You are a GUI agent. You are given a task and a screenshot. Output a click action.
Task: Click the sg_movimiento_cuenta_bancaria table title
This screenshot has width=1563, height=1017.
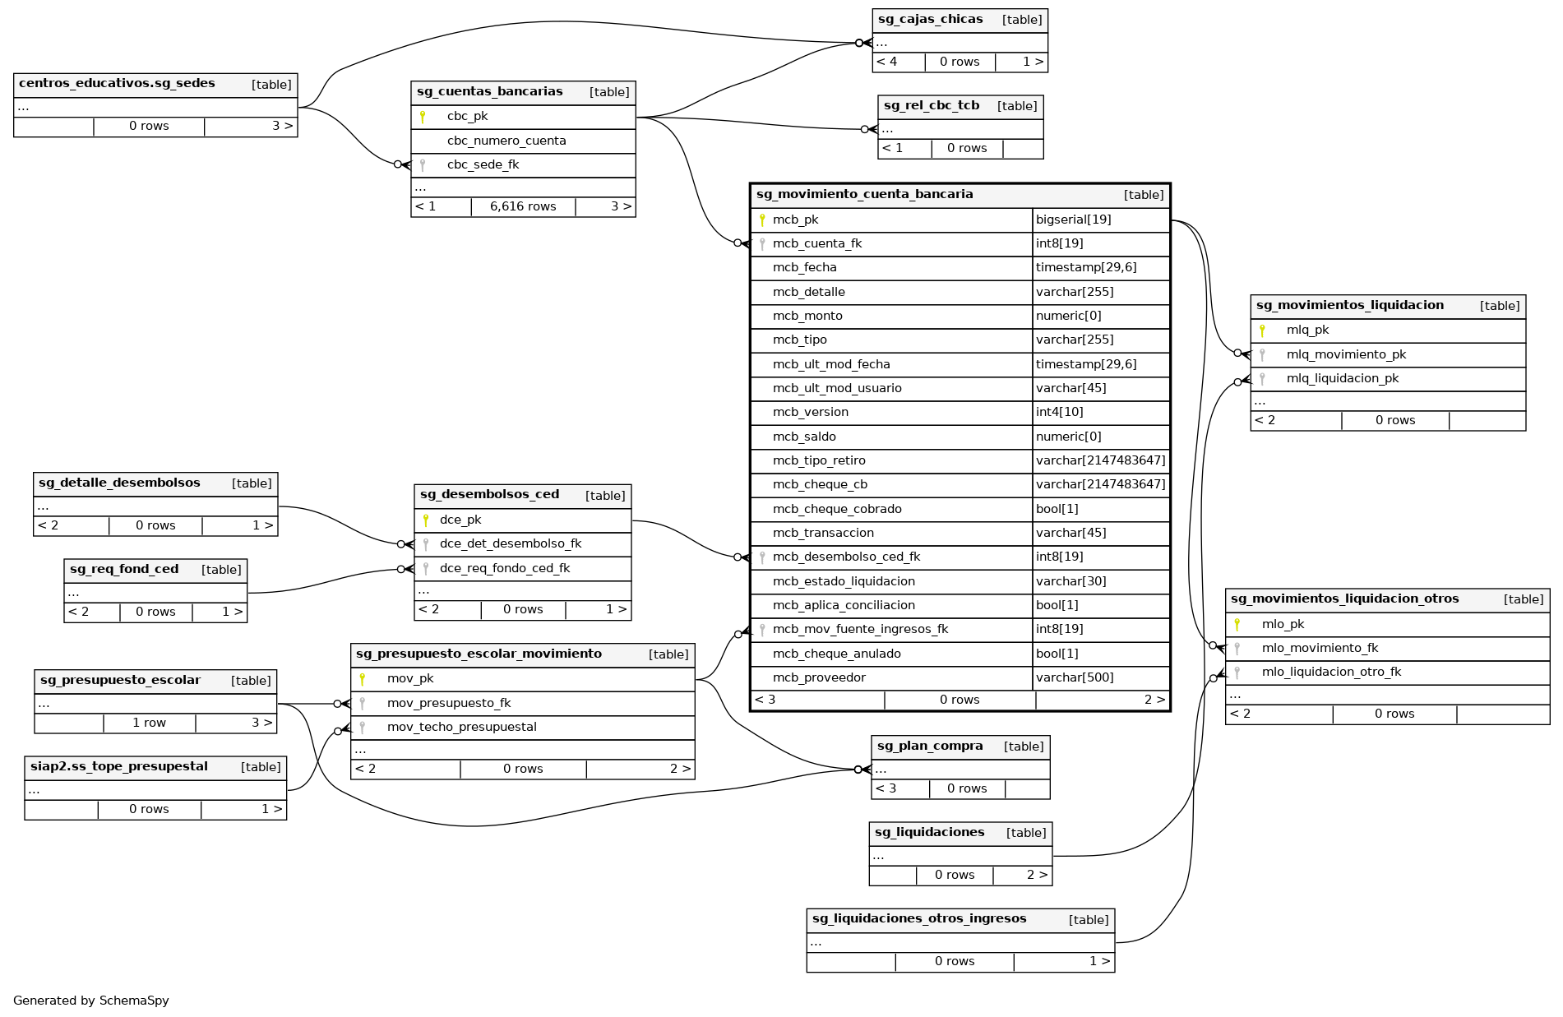tap(864, 195)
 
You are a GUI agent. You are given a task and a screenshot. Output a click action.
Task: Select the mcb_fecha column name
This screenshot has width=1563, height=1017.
tap(804, 267)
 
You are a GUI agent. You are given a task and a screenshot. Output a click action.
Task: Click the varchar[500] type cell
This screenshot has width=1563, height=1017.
tap(1075, 677)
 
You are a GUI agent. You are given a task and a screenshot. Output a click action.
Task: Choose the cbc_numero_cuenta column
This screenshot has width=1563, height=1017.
tap(506, 141)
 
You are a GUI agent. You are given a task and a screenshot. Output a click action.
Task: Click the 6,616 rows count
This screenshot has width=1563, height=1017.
tap(523, 206)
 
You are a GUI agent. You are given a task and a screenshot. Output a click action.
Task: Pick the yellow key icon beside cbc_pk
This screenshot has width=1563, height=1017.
tap(423, 117)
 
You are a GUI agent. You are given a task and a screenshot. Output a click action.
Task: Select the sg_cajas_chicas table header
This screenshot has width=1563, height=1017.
tap(930, 20)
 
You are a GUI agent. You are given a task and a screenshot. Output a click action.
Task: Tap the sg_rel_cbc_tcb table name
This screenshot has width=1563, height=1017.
tap(931, 106)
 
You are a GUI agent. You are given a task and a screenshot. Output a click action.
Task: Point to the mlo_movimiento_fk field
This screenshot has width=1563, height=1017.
tap(1320, 648)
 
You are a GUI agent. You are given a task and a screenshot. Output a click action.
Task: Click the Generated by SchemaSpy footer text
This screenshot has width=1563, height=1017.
tap(91, 1001)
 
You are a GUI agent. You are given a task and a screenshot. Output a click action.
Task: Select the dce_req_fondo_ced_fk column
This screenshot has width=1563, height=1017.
tap(504, 568)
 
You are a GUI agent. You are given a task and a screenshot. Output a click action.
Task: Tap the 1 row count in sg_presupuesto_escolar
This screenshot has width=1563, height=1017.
tap(149, 723)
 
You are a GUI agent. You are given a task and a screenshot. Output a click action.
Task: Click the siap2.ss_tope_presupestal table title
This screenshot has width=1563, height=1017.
tap(118, 767)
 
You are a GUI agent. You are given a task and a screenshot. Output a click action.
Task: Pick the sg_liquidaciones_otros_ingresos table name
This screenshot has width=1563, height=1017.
tap(918, 919)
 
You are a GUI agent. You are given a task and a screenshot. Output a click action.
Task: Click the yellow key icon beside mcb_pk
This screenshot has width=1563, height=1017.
tap(762, 220)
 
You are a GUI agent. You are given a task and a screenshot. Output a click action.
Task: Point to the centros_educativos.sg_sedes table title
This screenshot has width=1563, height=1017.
tap(117, 84)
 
